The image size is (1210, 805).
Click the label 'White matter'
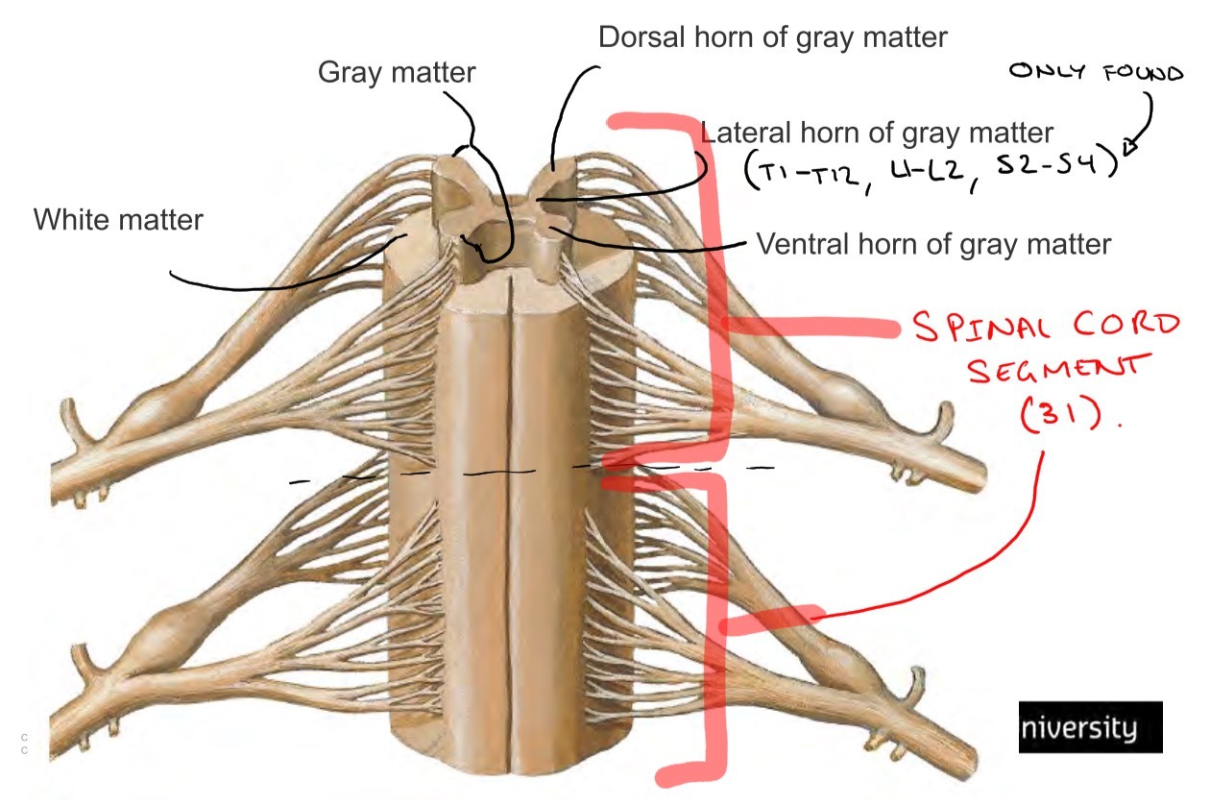(118, 220)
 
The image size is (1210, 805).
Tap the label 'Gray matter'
(397, 71)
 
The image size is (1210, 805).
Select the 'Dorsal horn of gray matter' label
(772, 37)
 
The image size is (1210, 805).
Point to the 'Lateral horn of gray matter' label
(878, 132)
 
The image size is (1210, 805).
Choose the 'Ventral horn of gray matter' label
(933, 244)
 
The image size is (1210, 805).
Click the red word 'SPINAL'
(980, 329)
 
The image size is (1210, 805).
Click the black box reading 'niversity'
(1090, 727)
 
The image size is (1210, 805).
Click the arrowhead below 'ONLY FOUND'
(1130, 146)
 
